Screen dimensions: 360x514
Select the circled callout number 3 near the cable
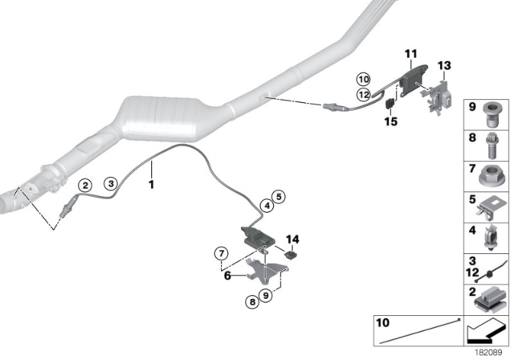112,183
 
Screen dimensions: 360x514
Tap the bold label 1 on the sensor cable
149,184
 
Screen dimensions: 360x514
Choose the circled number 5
278,195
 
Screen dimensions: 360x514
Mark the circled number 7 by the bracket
222,255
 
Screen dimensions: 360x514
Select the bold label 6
228,275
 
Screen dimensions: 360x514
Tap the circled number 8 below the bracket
253,301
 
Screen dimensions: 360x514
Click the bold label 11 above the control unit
410,54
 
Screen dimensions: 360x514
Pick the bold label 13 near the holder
445,64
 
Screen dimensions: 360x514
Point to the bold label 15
391,122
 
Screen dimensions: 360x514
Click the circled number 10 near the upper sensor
363,79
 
